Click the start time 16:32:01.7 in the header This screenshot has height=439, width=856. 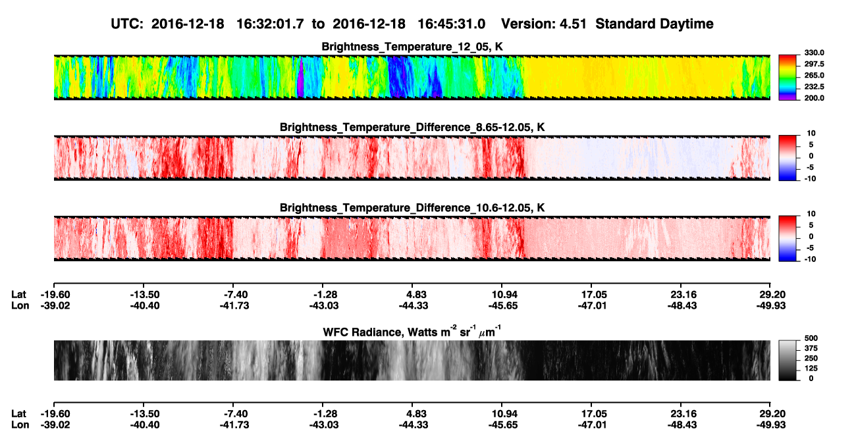[x=270, y=24]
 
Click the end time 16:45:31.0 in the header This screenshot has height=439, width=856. [x=451, y=24]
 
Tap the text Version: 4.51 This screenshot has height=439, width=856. [x=544, y=24]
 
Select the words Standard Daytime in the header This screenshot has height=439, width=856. [x=655, y=24]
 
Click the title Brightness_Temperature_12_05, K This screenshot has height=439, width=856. [x=412, y=47]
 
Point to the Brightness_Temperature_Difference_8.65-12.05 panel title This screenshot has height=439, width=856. [x=412, y=127]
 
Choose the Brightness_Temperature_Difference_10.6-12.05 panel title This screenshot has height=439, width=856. [x=412, y=208]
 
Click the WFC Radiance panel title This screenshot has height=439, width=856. [x=412, y=332]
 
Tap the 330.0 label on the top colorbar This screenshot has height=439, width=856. [x=814, y=53]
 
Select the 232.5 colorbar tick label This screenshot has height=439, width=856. [x=814, y=87]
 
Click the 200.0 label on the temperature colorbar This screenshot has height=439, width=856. [x=814, y=98]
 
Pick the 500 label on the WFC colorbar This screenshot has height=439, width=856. [x=811, y=338]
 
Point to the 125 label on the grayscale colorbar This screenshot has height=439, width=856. [x=811, y=369]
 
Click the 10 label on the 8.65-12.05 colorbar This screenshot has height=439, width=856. [x=811, y=134]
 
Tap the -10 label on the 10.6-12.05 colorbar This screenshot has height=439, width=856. [x=809, y=259]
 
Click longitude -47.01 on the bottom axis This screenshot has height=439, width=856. [x=592, y=425]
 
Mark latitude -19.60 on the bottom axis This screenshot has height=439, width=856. [x=55, y=414]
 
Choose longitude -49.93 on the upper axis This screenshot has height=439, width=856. [x=771, y=305]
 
